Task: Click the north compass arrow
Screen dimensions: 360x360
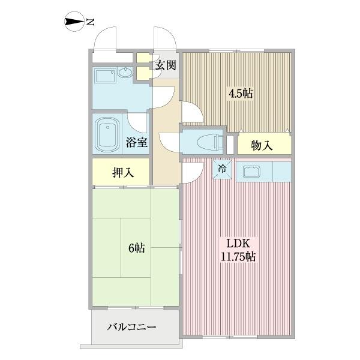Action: (x=74, y=23)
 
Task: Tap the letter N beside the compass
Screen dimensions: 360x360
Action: (x=91, y=23)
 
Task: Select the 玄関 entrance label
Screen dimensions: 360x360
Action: (x=165, y=65)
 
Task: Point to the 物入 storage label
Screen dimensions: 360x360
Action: (x=262, y=145)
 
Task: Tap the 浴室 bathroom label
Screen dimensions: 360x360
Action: (x=137, y=142)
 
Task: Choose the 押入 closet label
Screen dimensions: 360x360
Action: (x=122, y=173)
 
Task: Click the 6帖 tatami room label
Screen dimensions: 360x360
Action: (x=136, y=248)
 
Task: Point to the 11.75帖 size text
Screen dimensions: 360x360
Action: (x=238, y=257)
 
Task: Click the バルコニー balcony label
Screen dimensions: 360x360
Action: (x=132, y=328)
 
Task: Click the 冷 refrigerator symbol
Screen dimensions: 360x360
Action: (x=221, y=169)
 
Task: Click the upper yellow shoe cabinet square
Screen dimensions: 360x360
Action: (x=142, y=59)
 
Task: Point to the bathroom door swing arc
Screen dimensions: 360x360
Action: (x=137, y=122)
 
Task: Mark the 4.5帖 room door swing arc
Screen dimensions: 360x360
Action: (x=191, y=112)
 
